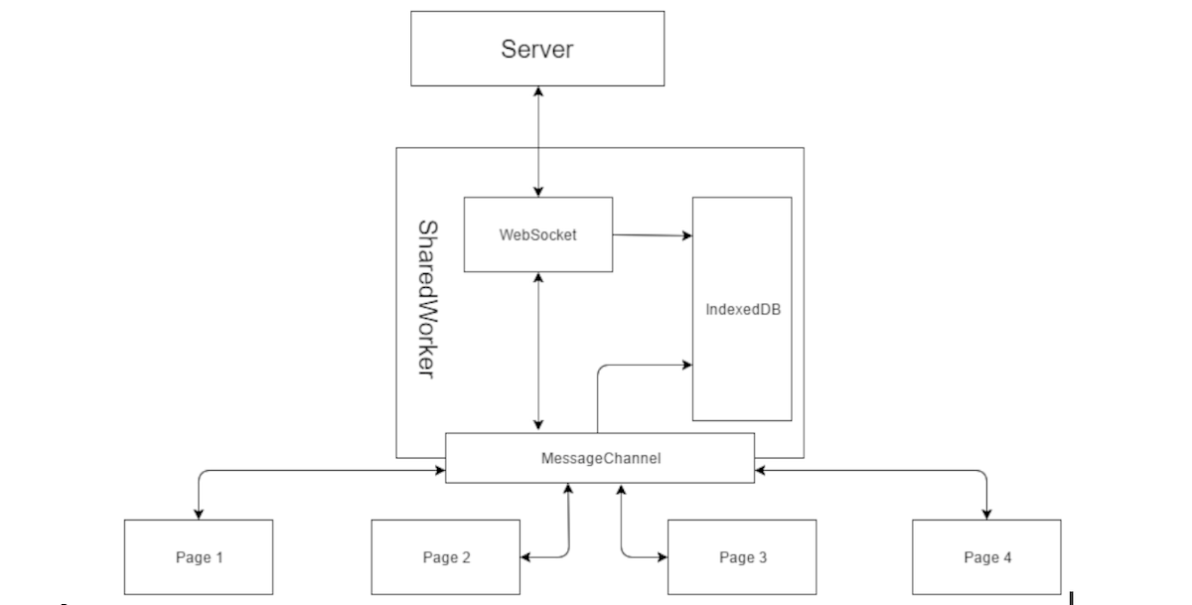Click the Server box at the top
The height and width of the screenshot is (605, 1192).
point(537,49)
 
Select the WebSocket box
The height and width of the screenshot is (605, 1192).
point(537,234)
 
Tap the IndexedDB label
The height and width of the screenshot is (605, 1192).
point(741,309)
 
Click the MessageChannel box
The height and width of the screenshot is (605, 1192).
point(600,458)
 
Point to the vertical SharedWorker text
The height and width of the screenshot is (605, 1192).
point(426,298)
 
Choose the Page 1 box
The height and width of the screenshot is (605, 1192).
point(198,556)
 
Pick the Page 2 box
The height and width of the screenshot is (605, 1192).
point(445,556)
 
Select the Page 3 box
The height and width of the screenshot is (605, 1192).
point(741,556)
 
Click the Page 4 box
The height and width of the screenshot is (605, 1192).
point(986,556)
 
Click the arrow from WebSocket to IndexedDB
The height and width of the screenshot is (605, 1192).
point(652,235)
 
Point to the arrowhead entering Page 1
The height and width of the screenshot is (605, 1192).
point(198,513)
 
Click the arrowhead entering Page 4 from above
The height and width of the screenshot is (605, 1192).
point(986,513)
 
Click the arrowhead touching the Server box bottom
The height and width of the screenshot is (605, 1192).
point(537,91)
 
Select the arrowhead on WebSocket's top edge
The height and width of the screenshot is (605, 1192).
point(537,191)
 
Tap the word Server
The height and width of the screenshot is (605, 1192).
point(537,49)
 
